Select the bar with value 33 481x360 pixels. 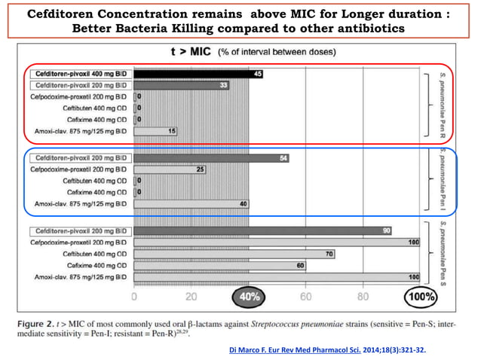[182, 86]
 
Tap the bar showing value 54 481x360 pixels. [211, 158]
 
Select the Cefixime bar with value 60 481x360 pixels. [219, 266]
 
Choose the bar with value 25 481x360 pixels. [170, 169]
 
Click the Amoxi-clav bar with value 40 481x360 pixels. [191, 203]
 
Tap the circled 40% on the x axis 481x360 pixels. [248, 297]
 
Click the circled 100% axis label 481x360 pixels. [421, 297]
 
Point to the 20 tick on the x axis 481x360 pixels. [191, 297]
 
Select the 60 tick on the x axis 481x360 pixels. [305, 297]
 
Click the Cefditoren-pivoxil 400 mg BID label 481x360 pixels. [81, 75]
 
